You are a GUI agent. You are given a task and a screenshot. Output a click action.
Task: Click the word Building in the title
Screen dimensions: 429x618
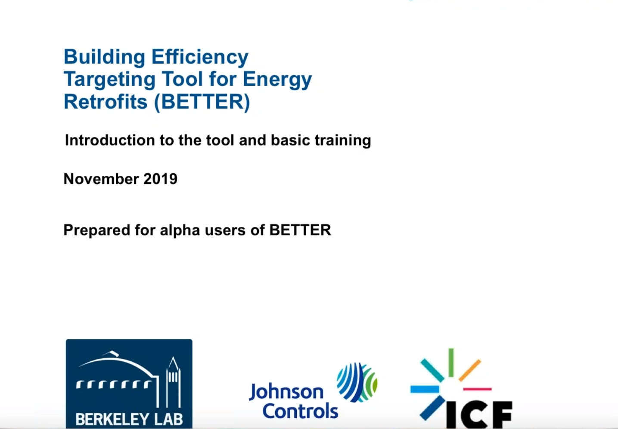[104, 57]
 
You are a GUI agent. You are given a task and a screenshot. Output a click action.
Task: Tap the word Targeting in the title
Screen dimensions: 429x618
[109, 80]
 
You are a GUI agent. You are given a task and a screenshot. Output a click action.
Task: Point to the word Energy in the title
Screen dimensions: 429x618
[277, 80]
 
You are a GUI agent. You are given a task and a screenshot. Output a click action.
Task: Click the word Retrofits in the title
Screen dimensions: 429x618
[106, 102]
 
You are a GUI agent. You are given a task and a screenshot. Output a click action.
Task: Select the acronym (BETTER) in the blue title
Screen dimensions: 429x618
[202, 102]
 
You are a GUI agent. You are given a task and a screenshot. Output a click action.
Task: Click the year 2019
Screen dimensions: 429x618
[160, 179]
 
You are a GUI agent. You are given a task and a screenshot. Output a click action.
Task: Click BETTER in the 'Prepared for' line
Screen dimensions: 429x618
[300, 230]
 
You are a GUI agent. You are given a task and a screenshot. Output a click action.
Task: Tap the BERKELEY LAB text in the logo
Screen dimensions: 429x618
[129, 419]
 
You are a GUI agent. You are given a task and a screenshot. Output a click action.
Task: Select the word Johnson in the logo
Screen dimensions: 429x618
[286, 392]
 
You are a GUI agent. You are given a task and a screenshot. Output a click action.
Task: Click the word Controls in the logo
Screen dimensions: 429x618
[300, 411]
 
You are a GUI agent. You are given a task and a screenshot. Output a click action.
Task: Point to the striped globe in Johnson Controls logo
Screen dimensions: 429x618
[357, 382]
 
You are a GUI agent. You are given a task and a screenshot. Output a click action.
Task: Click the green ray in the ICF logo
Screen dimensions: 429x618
[451, 363]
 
